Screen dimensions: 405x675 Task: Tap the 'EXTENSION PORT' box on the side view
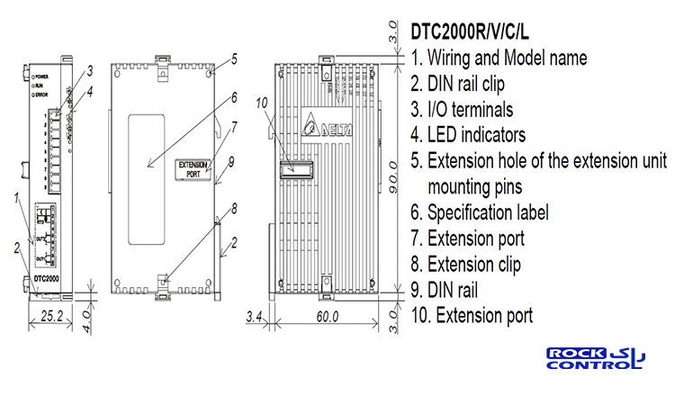pos(193,168)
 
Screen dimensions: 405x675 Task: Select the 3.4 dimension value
pos(255,316)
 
